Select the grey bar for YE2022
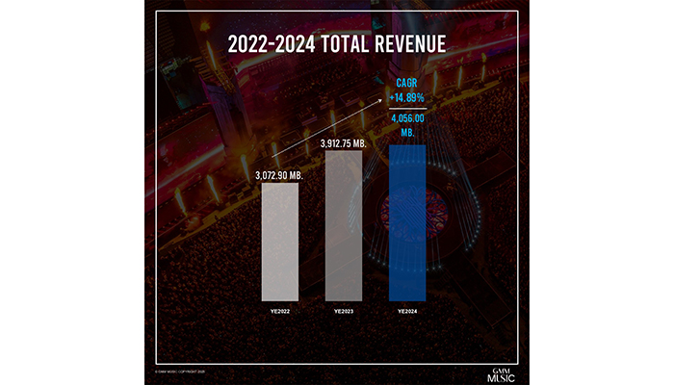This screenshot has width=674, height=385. pyautogui.click(x=278, y=242)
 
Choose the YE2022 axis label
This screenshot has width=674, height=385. pyautogui.click(x=278, y=312)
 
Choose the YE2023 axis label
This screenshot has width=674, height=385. pyautogui.click(x=344, y=312)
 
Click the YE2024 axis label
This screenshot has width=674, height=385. pyautogui.click(x=407, y=312)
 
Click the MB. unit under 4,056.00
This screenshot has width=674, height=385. pyautogui.click(x=407, y=132)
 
